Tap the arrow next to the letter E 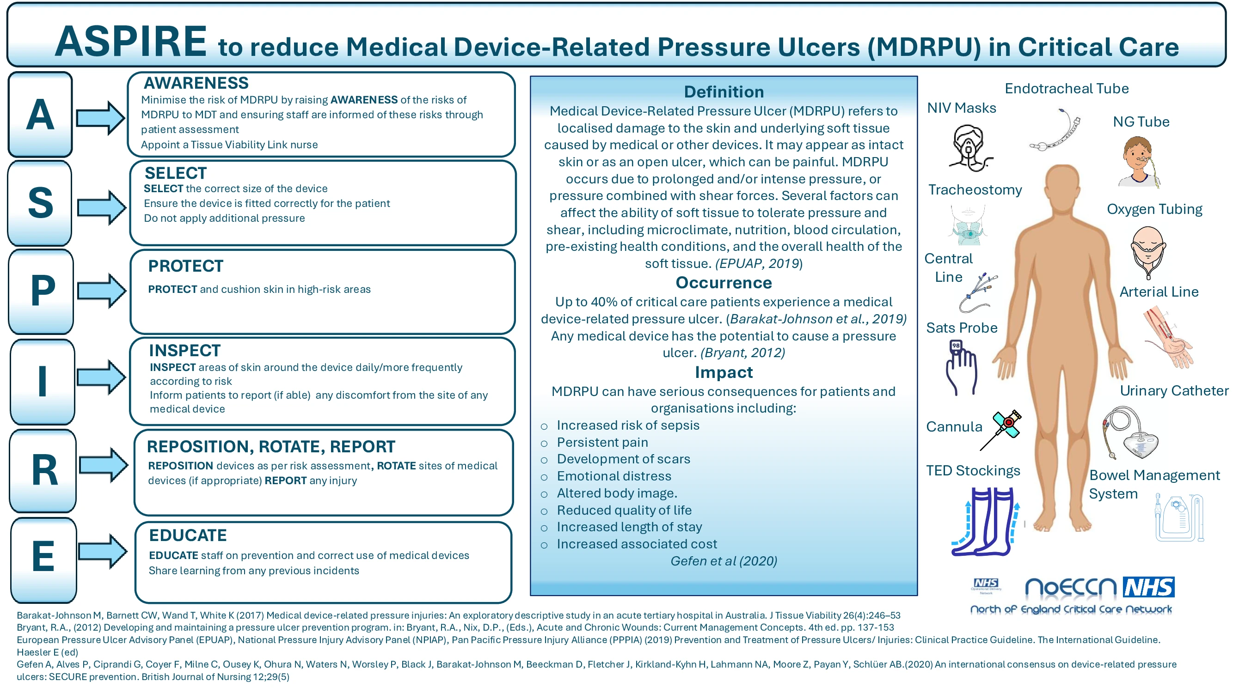coord(103,551)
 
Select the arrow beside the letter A coord(100,118)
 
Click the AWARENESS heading coord(196,83)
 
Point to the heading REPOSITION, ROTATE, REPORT coord(271,447)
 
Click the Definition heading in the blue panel coord(724,91)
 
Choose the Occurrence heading coord(724,283)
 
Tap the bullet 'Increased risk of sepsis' coord(627,425)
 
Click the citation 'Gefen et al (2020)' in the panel coord(724,561)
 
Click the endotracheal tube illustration coord(1055,130)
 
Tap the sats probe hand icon coord(961,367)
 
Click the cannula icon coord(1000,430)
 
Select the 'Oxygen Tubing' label coord(1154,209)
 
